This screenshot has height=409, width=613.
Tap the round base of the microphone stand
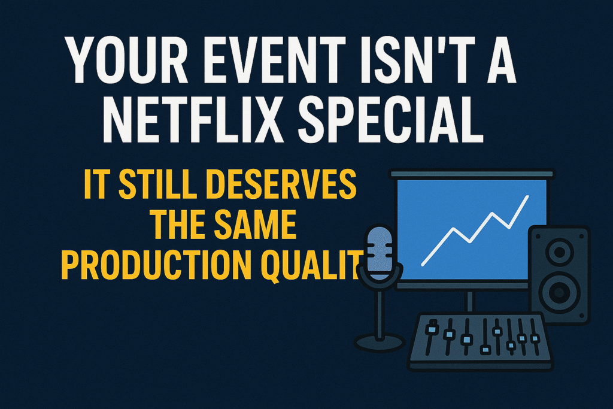click(x=378, y=343)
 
